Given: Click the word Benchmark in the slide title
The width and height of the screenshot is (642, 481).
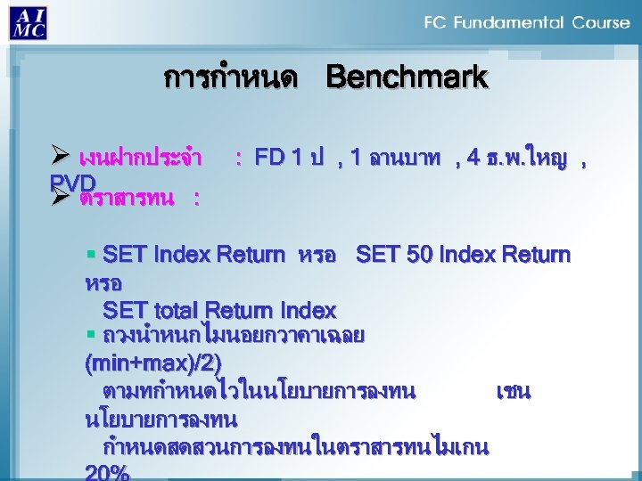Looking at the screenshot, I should pos(407,77).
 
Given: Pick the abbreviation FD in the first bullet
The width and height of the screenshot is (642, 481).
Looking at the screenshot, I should pos(268,159).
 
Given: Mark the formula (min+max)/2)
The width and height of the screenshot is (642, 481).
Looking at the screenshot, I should pos(152,363).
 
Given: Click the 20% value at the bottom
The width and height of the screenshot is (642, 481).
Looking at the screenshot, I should pos(106,472).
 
